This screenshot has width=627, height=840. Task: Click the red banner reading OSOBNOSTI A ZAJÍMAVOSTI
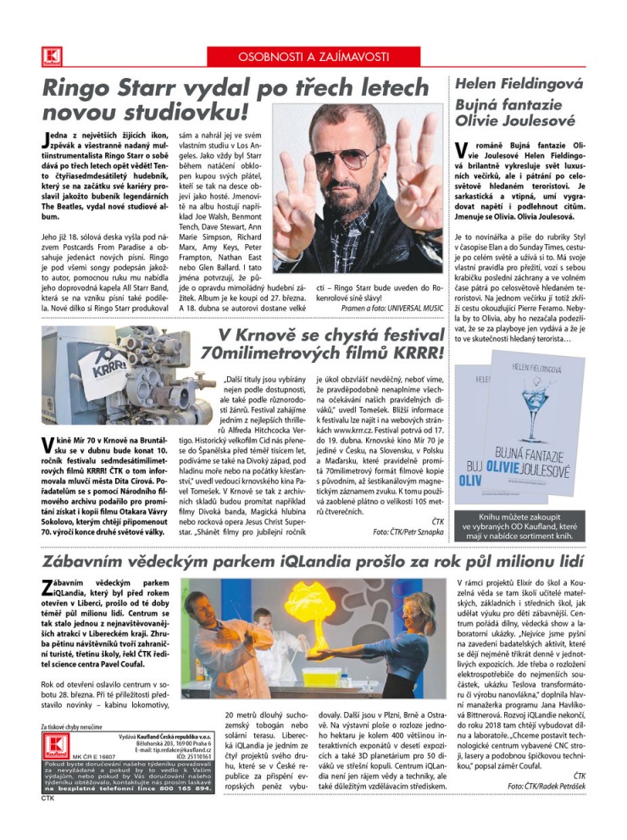click(313, 57)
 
